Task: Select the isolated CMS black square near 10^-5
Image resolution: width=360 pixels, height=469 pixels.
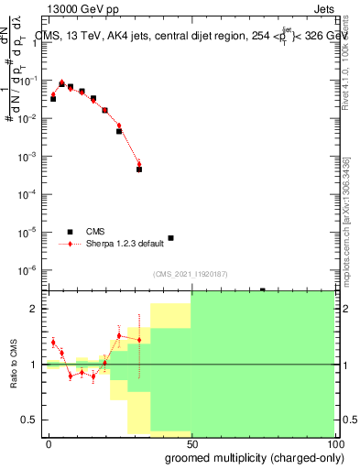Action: tap(170, 238)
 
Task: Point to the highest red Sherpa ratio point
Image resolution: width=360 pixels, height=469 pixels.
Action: tap(119, 335)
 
